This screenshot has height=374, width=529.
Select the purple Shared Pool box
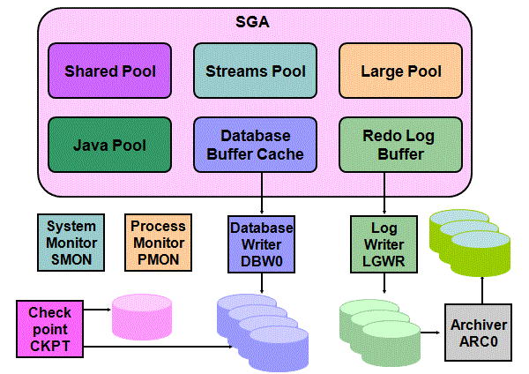point(110,71)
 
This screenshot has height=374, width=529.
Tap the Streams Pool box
point(256,71)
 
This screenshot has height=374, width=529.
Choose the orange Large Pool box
point(401,71)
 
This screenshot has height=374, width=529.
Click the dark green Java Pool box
point(110,145)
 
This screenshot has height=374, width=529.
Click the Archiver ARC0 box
point(479,333)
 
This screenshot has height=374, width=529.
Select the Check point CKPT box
point(50,328)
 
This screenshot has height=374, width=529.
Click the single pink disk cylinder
point(144,318)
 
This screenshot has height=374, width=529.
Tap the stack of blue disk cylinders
point(263,325)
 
